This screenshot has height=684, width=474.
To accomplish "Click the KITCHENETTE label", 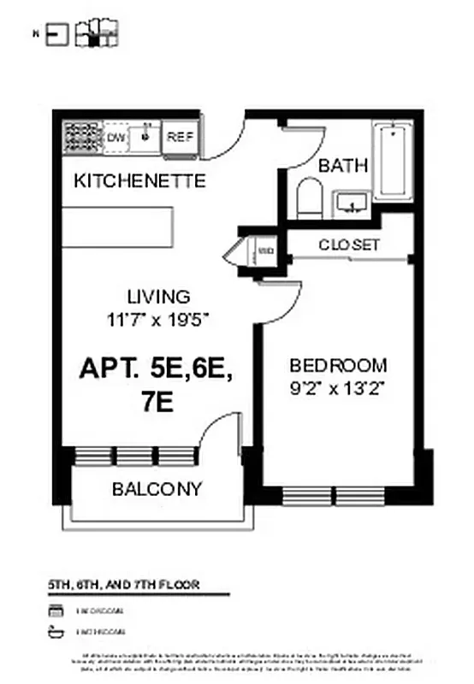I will (139, 181).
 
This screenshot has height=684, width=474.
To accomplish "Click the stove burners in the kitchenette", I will (83, 137).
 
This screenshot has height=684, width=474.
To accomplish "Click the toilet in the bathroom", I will (307, 199).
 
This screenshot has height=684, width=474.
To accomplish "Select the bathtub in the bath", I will (392, 160).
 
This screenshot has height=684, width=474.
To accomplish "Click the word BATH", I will (343, 166).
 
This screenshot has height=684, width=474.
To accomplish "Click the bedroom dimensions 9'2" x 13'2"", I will (337, 386).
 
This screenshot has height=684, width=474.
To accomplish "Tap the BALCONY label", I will (157, 489).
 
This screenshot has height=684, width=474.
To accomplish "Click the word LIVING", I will (158, 297).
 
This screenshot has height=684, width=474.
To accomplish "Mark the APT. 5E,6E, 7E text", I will (156, 384).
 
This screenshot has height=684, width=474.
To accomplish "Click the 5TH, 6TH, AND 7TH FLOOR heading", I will (124, 585).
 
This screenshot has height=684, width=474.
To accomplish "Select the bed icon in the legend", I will (57, 610).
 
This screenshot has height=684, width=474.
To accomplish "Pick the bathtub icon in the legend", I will (57, 632).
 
